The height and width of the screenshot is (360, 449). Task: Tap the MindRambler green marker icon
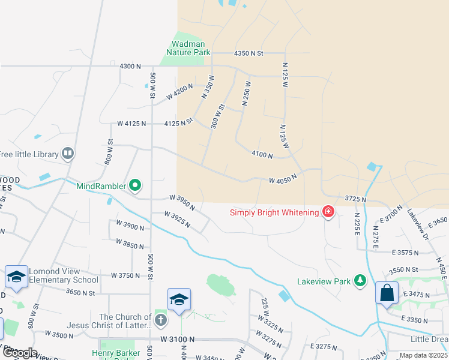point(135,186)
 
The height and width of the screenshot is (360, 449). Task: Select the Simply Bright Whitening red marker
point(328,212)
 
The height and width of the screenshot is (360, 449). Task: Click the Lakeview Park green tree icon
point(360,280)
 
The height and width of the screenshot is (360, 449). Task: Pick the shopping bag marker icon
point(387,293)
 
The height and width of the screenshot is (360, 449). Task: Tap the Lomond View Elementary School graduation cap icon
point(17,277)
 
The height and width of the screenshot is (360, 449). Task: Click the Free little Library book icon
point(68,154)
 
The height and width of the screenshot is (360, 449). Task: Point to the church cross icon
point(160,320)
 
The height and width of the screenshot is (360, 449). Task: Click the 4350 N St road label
point(249,53)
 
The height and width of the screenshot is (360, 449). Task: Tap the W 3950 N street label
point(182,202)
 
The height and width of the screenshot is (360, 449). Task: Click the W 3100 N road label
point(178,339)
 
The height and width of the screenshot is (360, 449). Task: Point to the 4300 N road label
point(130,65)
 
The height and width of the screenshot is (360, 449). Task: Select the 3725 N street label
point(356,199)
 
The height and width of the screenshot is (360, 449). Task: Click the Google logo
point(19,353)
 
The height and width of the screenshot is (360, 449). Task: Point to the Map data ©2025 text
point(423,356)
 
